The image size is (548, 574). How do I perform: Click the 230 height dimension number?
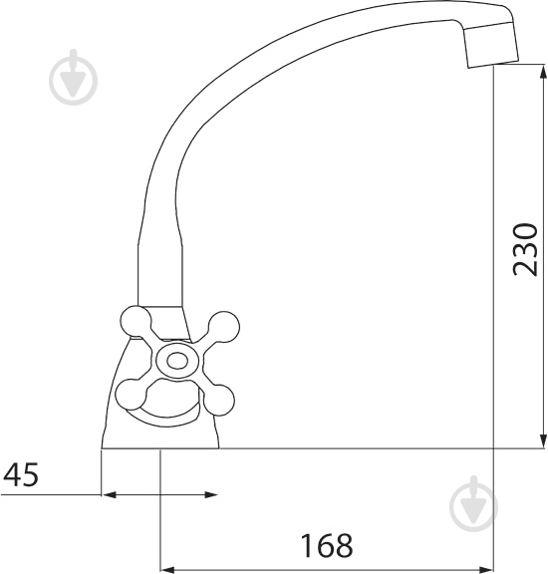pos(525,249)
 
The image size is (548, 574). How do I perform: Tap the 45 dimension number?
pos(21,475)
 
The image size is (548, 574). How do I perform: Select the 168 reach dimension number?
pos(327,546)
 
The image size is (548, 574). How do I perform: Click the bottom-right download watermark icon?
pos(473,504)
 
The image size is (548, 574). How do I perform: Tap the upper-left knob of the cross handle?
pos(134,323)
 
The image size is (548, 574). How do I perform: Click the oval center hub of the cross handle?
pos(177,361)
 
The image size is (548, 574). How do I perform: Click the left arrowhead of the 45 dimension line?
pos(109,494)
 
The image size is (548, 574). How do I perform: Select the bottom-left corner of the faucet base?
pos(102,448)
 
